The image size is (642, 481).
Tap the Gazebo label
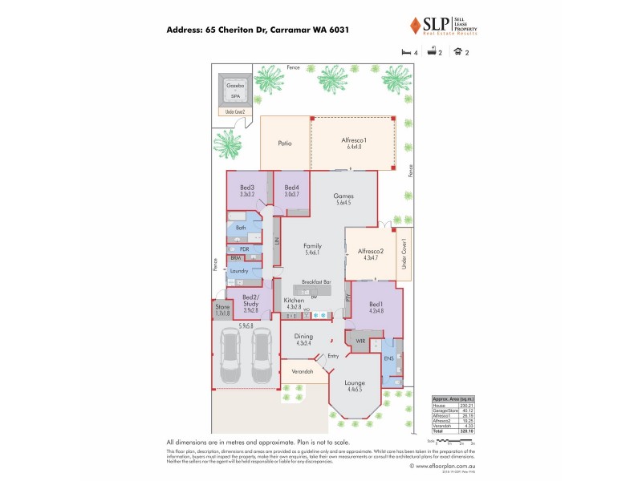tap(235, 84)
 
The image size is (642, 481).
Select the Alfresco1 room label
tap(354, 140)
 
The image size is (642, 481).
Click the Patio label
tap(284, 143)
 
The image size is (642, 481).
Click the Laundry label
tap(239, 271)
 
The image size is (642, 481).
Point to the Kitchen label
tap(294, 300)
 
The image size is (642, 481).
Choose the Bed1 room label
tap(376, 304)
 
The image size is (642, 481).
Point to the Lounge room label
tap(355, 383)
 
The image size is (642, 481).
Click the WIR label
tap(360, 341)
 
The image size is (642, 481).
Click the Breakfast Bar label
tap(317, 282)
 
